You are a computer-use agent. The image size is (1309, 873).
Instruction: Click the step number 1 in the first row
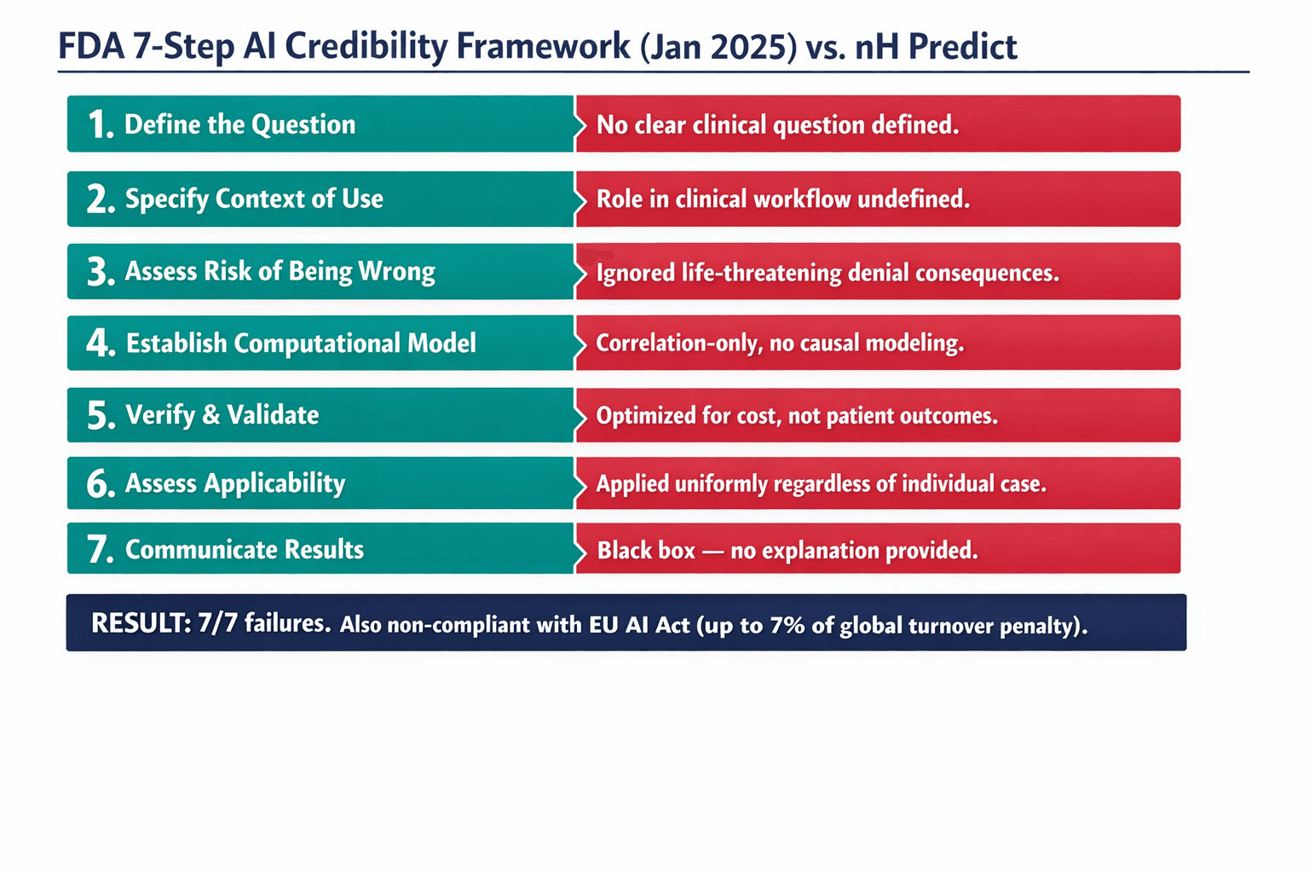pos(100,124)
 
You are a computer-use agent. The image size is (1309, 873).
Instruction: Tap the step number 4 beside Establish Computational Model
pos(100,343)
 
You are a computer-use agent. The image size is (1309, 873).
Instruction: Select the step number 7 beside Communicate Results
pos(100,549)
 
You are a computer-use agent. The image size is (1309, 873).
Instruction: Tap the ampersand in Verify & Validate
pos(210,415)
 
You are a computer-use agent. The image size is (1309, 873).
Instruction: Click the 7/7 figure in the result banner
pos(216,623)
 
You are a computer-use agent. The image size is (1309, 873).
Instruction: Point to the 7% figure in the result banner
pos(787,625)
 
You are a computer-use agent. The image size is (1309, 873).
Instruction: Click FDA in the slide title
pos(90,46)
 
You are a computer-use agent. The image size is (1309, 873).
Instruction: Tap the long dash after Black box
pos(713,551)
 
